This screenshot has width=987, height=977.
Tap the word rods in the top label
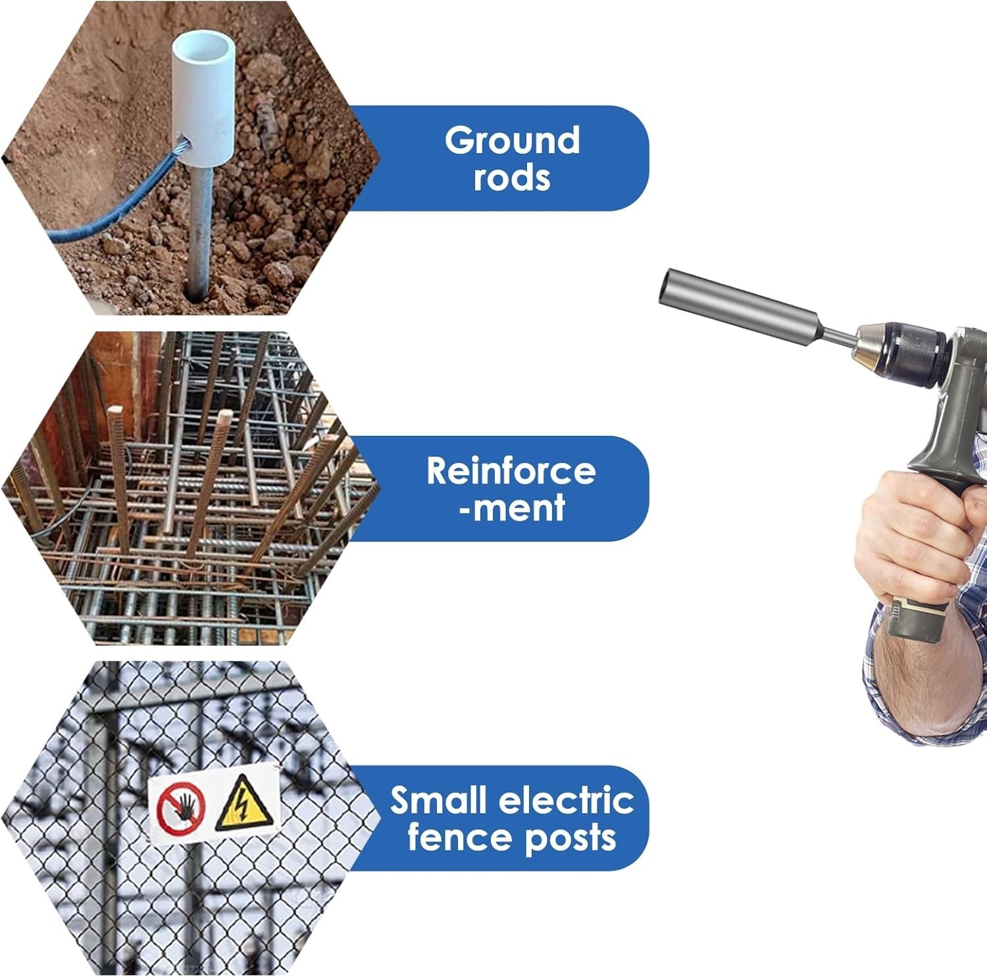(x=512, y=178)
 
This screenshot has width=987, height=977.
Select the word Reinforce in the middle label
(x=511, y=471)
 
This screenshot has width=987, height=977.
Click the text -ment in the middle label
(x=512, y=508)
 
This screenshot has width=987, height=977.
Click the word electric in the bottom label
(x=567, y=800)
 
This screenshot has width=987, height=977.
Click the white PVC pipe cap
(x=204, y=99)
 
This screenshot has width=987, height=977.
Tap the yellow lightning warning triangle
(x=243, y=803)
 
